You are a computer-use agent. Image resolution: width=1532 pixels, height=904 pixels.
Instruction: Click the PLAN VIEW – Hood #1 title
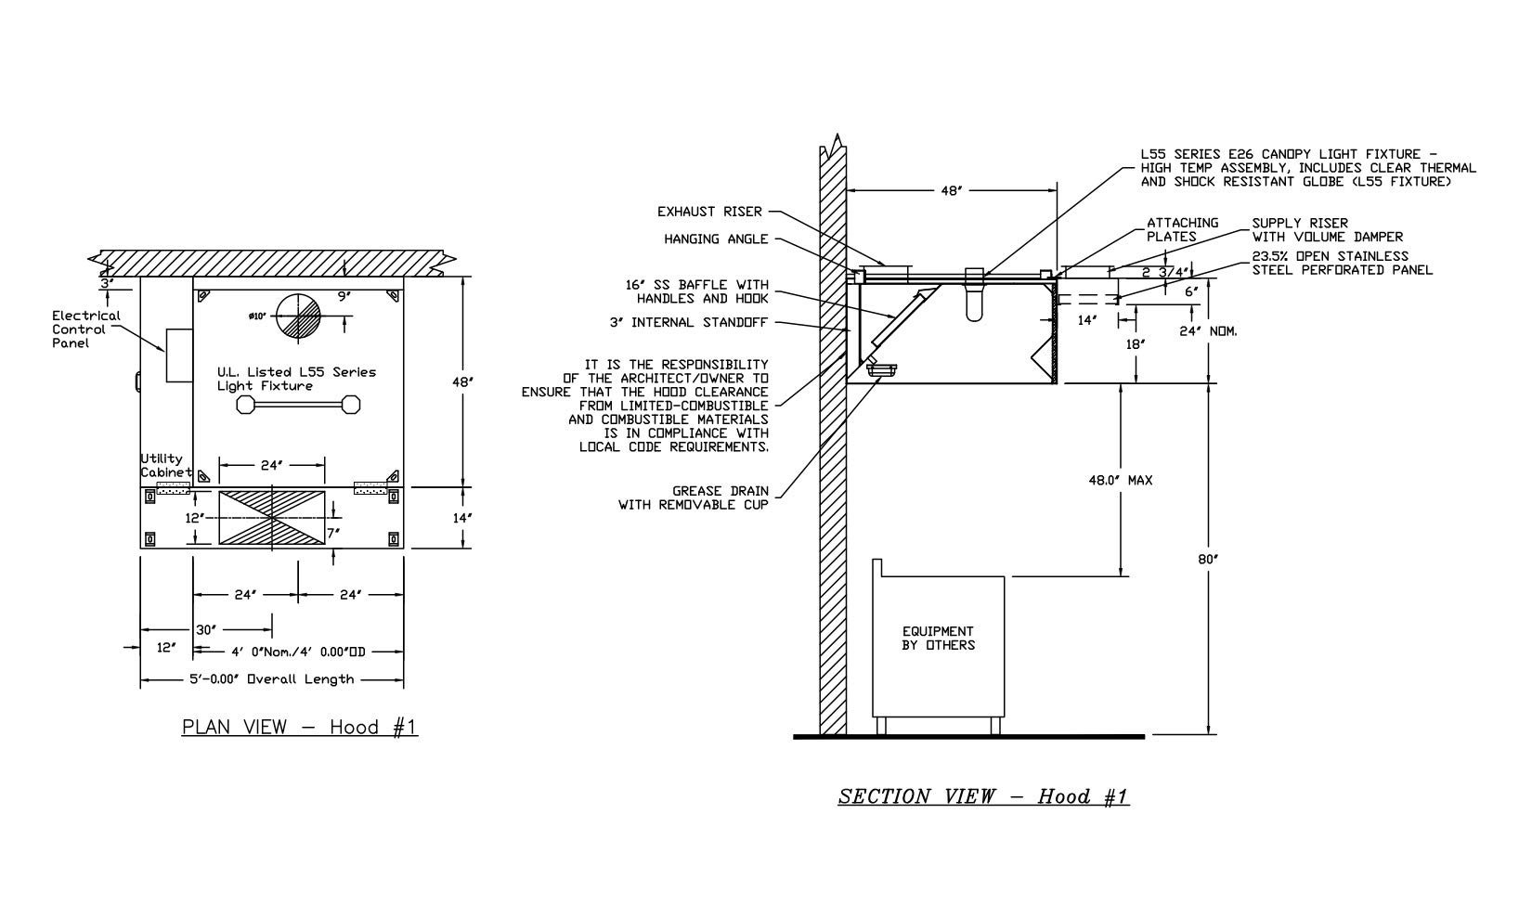(300, 727)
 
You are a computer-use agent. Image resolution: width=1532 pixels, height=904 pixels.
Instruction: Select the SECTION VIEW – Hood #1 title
(983, 796)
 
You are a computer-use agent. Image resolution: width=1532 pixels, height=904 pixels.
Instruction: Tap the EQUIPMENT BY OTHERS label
(938, 639)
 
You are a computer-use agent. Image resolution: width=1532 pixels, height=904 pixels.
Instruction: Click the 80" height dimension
(1208, 559)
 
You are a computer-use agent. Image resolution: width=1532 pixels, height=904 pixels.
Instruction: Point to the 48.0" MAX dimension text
(1121, 481)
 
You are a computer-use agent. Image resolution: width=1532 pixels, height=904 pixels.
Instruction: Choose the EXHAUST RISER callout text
(709, 212)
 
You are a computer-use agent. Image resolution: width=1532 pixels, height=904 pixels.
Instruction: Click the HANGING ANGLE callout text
(716, 239)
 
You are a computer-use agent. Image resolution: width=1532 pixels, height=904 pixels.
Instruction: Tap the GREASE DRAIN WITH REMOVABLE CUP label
(695, 497)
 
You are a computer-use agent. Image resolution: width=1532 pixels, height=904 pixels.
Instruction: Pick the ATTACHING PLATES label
(1183, 229)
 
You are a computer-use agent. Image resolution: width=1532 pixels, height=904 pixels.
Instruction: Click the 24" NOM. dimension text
(1208, 331)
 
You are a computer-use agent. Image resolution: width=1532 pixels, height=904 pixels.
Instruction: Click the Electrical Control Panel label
(85, 329)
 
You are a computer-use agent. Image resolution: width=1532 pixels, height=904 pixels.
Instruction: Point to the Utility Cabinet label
(164, 465)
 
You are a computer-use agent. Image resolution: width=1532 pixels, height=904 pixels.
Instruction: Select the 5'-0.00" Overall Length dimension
(272, 679)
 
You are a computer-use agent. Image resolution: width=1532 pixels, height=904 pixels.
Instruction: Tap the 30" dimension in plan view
(205, 630)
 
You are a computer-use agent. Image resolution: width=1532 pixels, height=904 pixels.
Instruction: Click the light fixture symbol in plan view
(299, 404)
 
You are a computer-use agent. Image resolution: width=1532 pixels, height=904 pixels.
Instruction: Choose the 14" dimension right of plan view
(461, 517)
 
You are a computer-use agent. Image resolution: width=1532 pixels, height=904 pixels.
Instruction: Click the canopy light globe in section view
(973, 297)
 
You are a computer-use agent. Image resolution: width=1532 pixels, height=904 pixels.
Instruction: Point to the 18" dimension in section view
(1135, 343)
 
